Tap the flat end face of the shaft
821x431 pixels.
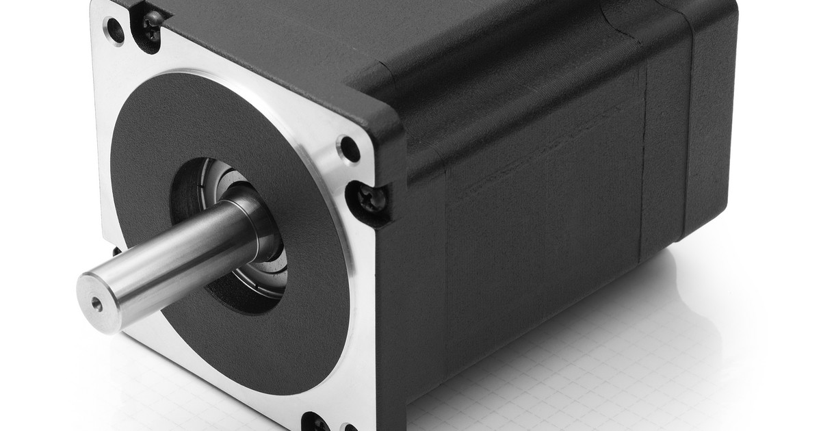tap(102, 294)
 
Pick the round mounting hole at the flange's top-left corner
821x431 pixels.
tap(114, 31)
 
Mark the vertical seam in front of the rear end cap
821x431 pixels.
tap(647, 171)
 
